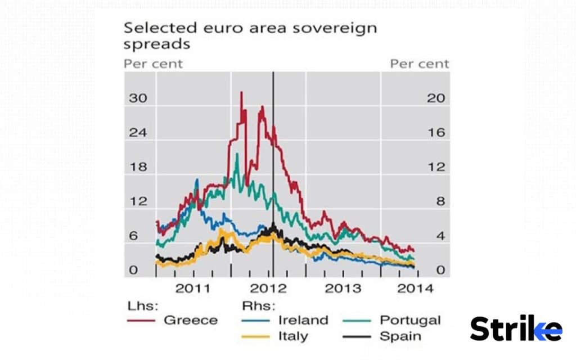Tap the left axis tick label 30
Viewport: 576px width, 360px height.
click(138, 98)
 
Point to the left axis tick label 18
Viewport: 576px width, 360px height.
click(138, 166)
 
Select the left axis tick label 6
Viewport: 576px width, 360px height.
click(133, 236)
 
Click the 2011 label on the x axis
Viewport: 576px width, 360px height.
click(193, 289)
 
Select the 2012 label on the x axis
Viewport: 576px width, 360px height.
click(269, 289)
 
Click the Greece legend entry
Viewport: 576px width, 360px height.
click(190, 320)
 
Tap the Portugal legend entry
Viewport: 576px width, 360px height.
click(410, 320)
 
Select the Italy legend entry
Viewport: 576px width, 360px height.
click(293, 336)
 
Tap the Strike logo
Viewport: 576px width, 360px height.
click(515, 328)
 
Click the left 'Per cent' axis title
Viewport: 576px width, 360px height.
click(153, 63)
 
